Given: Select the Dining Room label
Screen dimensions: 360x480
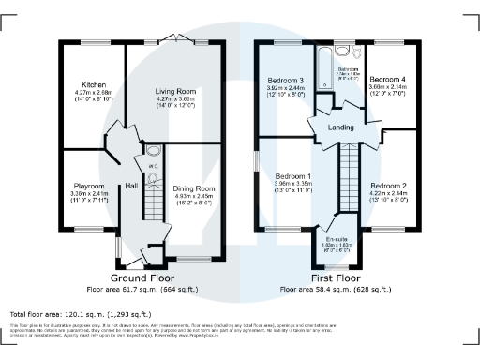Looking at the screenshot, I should (194, 188).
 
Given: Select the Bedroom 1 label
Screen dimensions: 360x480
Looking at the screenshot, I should (293, 176).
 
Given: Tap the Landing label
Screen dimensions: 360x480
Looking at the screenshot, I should (340, 127).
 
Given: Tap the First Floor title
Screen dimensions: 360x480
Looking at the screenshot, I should (337, 278).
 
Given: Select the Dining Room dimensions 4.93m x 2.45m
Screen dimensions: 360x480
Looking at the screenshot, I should (194, 196).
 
